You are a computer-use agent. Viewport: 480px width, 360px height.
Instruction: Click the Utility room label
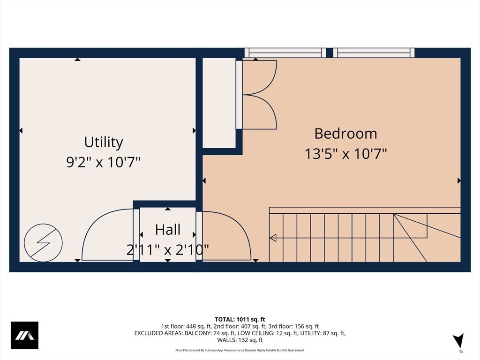point(104,142)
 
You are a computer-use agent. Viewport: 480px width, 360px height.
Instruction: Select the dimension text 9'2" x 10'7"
point(104,162)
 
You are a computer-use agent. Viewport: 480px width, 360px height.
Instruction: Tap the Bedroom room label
point(345,133)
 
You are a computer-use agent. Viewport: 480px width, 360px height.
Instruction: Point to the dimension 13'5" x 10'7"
point(345,153)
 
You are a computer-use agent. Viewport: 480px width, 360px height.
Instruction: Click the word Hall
point(168,230)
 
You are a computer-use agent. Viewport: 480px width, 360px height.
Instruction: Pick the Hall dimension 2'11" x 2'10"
point(168,250)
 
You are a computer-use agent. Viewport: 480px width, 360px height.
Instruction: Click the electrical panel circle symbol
point(43,242)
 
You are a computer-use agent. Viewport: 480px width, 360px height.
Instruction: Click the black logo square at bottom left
point(24,335)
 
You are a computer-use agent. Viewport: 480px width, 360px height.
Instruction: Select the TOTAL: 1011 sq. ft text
point(240,319)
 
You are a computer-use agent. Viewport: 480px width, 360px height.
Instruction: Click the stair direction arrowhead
point(273,238)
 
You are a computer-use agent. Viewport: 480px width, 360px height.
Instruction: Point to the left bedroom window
point(285,52)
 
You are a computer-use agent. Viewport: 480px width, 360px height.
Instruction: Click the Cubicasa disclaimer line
point(240,350)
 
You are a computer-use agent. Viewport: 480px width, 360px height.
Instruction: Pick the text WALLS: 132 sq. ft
point(240,340)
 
